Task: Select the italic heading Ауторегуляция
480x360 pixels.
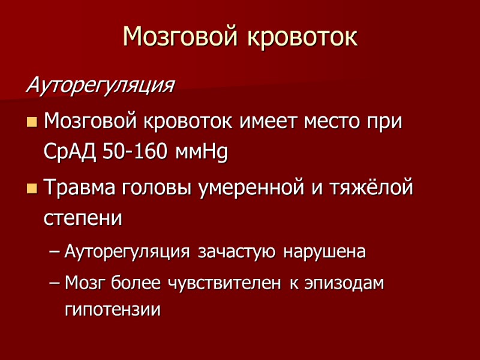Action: (x=100, y=86)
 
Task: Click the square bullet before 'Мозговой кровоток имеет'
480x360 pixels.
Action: (x=32, y=123)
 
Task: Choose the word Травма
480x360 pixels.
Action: (x=81, y=188)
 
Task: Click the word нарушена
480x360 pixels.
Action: (x=325, y=252)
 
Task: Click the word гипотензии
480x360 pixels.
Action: (x=112, y=311)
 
